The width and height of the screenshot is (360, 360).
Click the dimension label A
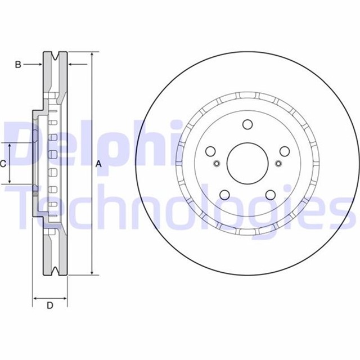pos(98,164)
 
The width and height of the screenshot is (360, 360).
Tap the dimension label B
pos(17,65)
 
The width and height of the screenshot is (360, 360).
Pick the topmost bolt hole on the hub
pos(247,125)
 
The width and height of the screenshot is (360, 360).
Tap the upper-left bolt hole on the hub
pos(211,151)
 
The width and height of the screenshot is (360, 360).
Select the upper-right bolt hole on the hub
pos(284,151)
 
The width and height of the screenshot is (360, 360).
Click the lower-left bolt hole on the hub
pos(224,195)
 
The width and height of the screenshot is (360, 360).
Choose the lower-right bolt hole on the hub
pos(270,195)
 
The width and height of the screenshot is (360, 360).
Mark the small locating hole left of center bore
pos(217,164)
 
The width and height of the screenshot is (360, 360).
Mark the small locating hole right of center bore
pos(278,164)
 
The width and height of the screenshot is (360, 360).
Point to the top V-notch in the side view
pos(55,56)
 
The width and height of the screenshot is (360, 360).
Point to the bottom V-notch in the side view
pos(55,272)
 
